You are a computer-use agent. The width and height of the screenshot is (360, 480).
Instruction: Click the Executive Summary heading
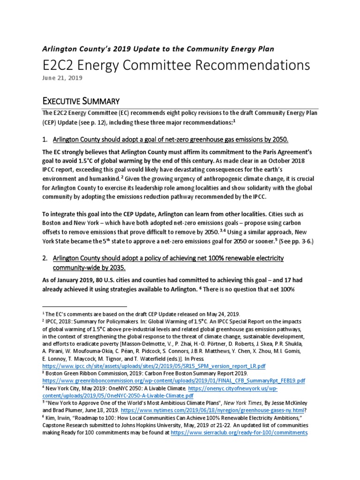[82, 101]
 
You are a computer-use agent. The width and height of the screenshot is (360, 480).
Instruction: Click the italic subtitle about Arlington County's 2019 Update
[158, 48]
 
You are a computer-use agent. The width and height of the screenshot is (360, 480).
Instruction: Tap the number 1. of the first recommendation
[46, 140]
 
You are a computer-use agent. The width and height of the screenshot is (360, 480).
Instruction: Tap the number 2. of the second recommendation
[46, 259]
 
